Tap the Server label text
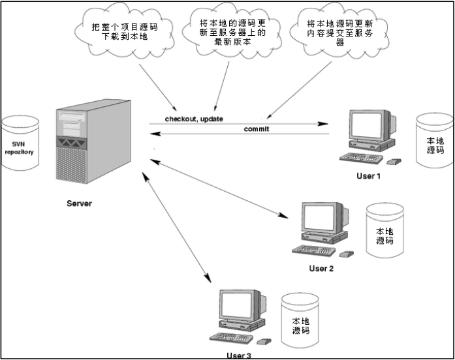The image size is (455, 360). (79, 203)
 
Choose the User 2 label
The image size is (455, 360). (321, 268)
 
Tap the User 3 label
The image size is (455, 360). (238, 355)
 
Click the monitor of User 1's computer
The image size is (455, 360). (369, 128)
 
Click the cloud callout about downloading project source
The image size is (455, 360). (125, 33)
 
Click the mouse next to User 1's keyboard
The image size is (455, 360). (394, 161)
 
